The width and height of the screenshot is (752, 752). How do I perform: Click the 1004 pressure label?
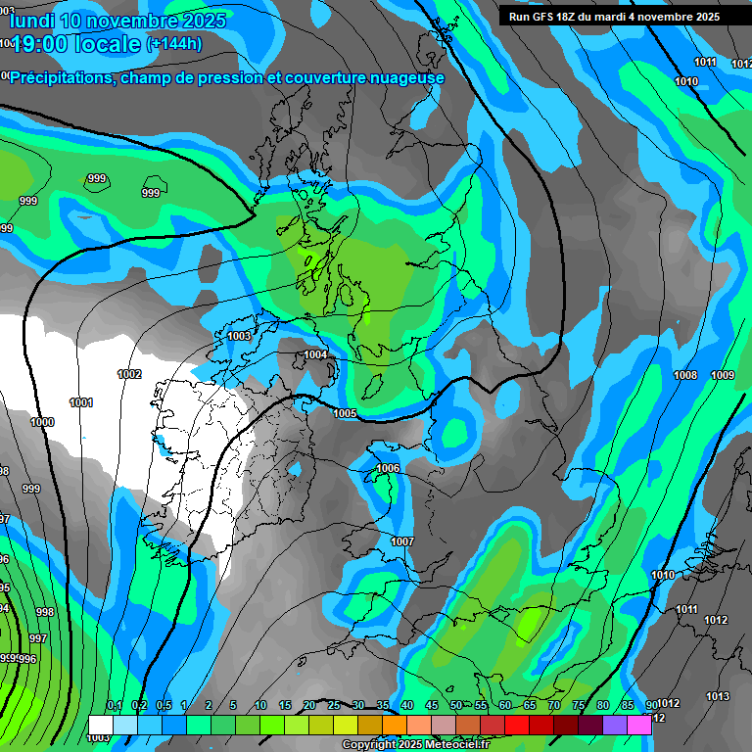315,354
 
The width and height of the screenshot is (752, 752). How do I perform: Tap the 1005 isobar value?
345,414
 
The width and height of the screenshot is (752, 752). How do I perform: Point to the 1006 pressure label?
388,469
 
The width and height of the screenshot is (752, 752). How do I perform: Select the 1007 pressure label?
402,541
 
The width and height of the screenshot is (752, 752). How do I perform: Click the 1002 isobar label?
129,374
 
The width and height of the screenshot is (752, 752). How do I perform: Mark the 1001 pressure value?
81,402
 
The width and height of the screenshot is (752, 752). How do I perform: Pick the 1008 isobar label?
685,375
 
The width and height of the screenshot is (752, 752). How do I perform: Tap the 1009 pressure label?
723,375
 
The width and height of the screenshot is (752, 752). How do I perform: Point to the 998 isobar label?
45,612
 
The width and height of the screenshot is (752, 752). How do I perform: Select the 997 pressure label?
38,638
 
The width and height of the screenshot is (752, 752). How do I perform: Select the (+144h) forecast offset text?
173,43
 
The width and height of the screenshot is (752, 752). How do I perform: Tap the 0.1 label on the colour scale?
114,705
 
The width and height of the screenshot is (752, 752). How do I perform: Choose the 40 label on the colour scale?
406,705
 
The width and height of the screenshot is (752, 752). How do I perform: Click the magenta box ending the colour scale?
639,725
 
